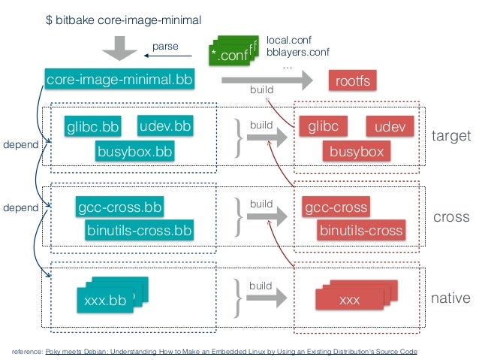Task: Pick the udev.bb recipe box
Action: pos(165,125)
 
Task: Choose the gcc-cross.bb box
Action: pos(120,207)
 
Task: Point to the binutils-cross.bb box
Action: pos(139,230)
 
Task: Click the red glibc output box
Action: pos(324,127)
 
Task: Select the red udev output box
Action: pos(390,127)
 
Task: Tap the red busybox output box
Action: pos(357,152)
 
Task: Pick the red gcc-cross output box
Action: pos(336,207)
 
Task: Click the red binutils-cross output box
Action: pos(361,230)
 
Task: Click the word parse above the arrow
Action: pos(165,47)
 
